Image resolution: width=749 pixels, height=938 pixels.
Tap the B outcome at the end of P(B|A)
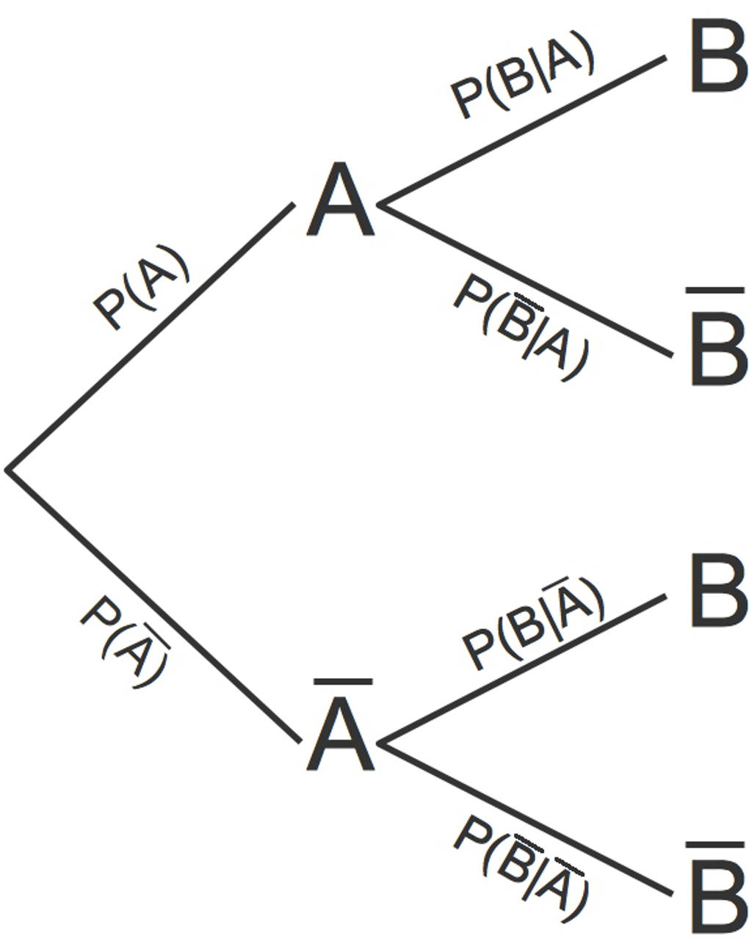tap(717, 57)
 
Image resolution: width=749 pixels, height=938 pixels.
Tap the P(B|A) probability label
tap(521, 76)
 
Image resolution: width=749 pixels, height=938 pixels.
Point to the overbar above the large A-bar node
tap(342, 683)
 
